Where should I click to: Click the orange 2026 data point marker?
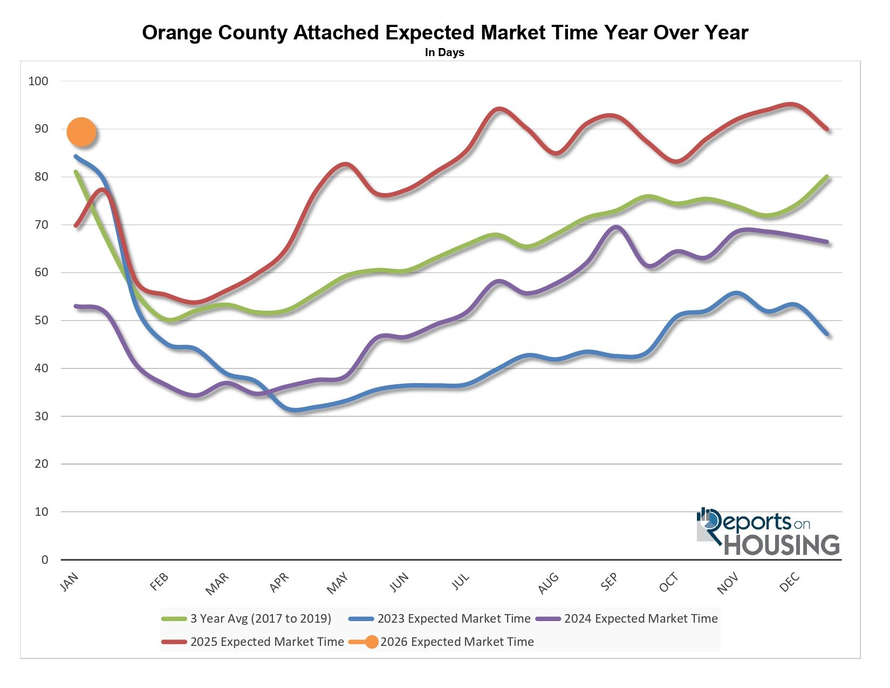point(81,132)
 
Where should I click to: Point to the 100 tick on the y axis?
point(38,81)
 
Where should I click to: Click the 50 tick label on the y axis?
point(42,321)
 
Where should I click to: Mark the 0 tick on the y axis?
point(45,560)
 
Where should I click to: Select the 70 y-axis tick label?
point(42,224)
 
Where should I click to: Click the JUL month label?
point(461,582)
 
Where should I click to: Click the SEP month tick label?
point(609,582)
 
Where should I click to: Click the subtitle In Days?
point(444,53)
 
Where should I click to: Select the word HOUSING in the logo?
point(782,545)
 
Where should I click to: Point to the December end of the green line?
point(827,177)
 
